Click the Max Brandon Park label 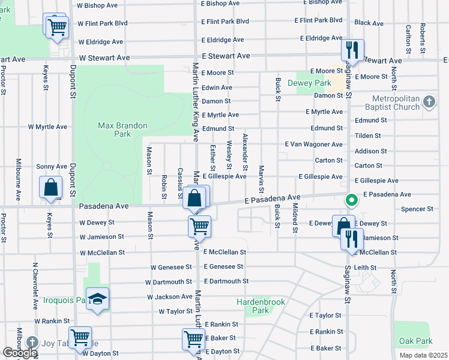(x=114, y=130)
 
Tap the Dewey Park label (x=309, y=83)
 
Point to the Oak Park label (x=415, y=341)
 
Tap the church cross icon (x=429, y=101)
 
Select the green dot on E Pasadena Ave (x=348, y=200)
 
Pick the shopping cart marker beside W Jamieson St (x=199, y=226)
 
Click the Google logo (x=20, y=353)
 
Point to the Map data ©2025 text (x=423, y=355)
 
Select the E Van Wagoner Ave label (x=313, y=145)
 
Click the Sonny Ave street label (x=52, y=166)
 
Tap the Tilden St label (x=367, y=136)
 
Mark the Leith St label (x=365, y=268)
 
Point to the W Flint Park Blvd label (x=103, y=23)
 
